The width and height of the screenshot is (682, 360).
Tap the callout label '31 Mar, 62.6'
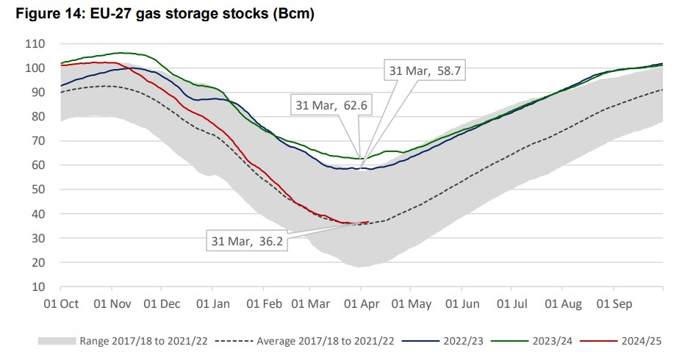pyautogui.click(x=331, y=106)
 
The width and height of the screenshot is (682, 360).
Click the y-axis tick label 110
pyautogui.click(x=35, y=44)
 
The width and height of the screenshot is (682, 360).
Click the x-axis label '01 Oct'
pyautogui.click(x=61, y=303)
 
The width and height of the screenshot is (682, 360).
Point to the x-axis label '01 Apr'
pyautogui.click(x=361, y=303)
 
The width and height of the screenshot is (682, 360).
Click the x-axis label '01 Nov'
pyautogui.click(x=112, y=303)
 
